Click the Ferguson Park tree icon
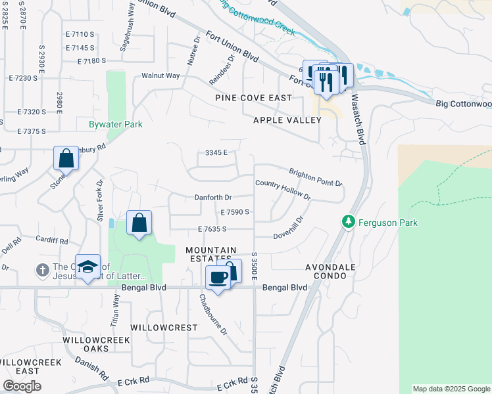point(349,223)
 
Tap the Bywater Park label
point(116,123)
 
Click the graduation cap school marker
point(87,267)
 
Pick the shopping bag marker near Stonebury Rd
point(66,158)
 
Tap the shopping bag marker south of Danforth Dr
point(139,223)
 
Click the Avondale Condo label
point(330,273)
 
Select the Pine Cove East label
point(253,98)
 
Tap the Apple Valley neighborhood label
point(287,120)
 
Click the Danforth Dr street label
point(213,197)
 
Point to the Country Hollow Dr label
point(282,190)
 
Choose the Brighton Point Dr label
point(316,177)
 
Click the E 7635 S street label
point(212,229)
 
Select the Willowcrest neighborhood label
point(164,327)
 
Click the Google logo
point(22,386)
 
